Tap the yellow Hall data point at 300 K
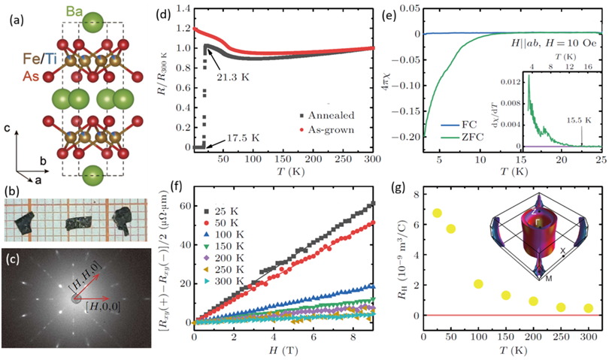589,308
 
